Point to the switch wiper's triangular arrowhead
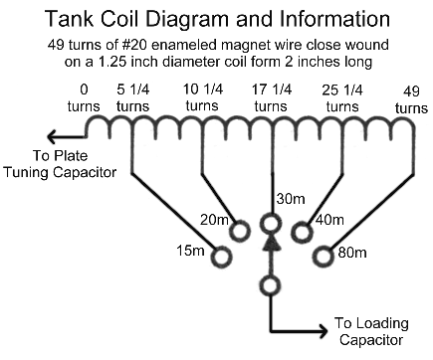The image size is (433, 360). [272, 242]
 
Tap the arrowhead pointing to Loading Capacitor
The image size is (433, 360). [322, 330]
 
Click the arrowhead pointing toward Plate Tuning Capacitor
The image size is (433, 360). [54, 136]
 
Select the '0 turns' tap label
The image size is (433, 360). [84, 98]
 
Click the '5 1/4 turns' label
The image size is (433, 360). [133, 98]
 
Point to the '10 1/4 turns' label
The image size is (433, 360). [202, 97]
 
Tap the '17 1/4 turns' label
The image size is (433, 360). [271, 98]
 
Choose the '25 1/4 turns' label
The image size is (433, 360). [342, 98]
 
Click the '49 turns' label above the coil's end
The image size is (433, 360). [411, 99]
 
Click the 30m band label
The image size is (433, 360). [291, 199]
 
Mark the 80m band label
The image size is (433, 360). [352, 253]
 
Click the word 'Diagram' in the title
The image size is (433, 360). [188, 19]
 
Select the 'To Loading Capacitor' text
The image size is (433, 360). [371, 331]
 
